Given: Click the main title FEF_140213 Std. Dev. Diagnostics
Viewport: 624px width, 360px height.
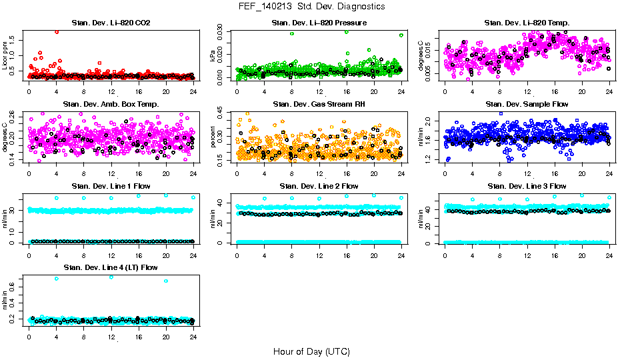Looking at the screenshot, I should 311,7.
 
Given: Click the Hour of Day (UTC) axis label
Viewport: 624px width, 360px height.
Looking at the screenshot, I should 311,351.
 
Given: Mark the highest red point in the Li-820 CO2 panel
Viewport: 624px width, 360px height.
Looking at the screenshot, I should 57,31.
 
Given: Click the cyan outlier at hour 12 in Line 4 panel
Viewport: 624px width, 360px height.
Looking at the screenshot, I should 111,277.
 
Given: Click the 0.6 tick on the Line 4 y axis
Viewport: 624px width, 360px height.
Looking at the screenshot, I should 20,288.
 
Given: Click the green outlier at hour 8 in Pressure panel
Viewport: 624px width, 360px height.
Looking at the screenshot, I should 292,33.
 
